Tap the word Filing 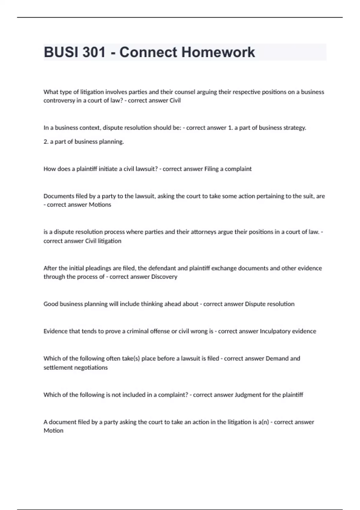[211, 169]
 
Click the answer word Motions [100, 205]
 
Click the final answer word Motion [53, 431]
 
